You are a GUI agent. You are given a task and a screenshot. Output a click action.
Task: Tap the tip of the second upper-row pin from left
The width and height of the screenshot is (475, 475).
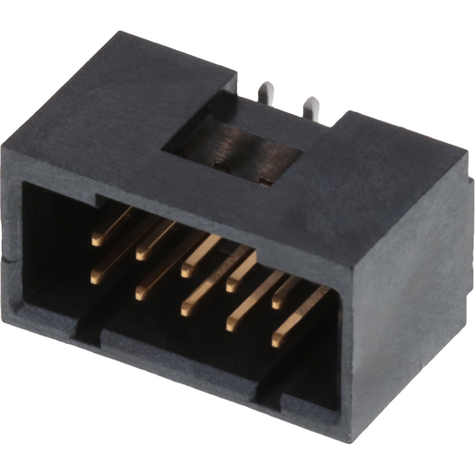[x=142, y=252]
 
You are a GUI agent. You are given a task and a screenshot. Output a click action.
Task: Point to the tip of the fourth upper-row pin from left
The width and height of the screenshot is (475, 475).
[x=232, y=285]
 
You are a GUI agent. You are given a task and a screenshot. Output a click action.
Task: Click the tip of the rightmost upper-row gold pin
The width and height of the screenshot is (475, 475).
[x=277, y=303]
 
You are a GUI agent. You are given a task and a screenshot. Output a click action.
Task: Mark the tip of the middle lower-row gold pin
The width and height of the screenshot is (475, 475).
[x=186, y=309]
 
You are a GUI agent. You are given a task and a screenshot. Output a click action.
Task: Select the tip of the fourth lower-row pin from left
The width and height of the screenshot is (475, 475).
[x=231, y=325]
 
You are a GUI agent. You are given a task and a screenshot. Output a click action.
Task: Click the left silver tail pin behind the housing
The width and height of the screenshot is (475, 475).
[x=265, y=92]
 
